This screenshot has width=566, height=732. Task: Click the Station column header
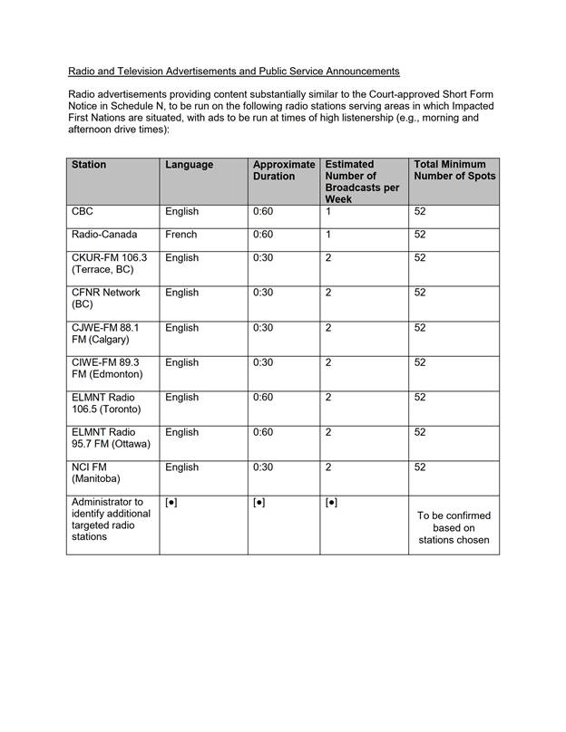click(89, 165)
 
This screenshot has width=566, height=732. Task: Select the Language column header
click(189, 165)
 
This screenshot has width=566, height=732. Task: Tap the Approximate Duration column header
click(283, 170)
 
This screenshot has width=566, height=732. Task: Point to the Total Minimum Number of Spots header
click(454, 170)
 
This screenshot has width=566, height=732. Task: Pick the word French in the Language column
click(181, 235)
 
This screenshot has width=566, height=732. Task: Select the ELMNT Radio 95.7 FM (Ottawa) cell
click(111, 438)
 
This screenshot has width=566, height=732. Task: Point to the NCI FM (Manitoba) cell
click(95, 473)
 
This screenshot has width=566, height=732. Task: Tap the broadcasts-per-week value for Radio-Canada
click(328, 235)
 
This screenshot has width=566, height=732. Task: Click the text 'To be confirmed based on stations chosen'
click(454, 528)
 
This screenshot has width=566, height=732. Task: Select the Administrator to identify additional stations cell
click(107, 519)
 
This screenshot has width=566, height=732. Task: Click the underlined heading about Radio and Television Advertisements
click(233, 71)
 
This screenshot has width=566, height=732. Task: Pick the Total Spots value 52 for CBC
click(420, 212)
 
